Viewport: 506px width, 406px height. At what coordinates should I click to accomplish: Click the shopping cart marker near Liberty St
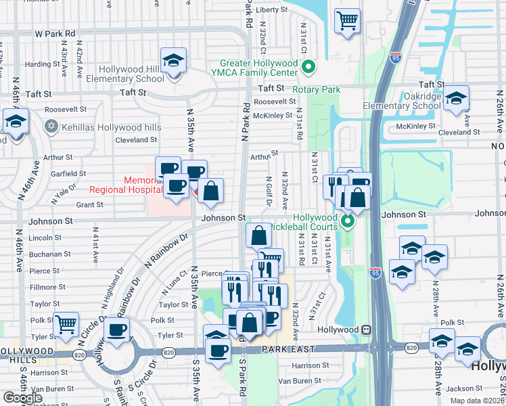(347, 20)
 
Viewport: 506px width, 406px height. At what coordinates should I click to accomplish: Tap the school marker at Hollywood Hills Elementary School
(174, 62)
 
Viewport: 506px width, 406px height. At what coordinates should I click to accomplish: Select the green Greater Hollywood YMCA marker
(308, 67)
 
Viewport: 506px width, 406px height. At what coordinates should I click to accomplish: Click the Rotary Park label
(316, 89)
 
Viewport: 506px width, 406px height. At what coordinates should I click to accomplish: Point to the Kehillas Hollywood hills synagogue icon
(49, 127)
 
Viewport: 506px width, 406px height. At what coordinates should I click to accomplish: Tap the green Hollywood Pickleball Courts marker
(348, 221)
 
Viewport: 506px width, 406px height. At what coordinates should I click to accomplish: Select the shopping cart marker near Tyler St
(66, 325)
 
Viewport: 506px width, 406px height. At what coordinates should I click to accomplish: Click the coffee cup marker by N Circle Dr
(117, 330)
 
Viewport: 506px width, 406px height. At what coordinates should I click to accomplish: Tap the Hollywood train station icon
(366, 330)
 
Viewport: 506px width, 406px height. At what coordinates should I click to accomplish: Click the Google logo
(22, 398)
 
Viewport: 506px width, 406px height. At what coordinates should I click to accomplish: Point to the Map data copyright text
(477, 401)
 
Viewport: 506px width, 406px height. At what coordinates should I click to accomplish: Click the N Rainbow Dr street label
(165, 250)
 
